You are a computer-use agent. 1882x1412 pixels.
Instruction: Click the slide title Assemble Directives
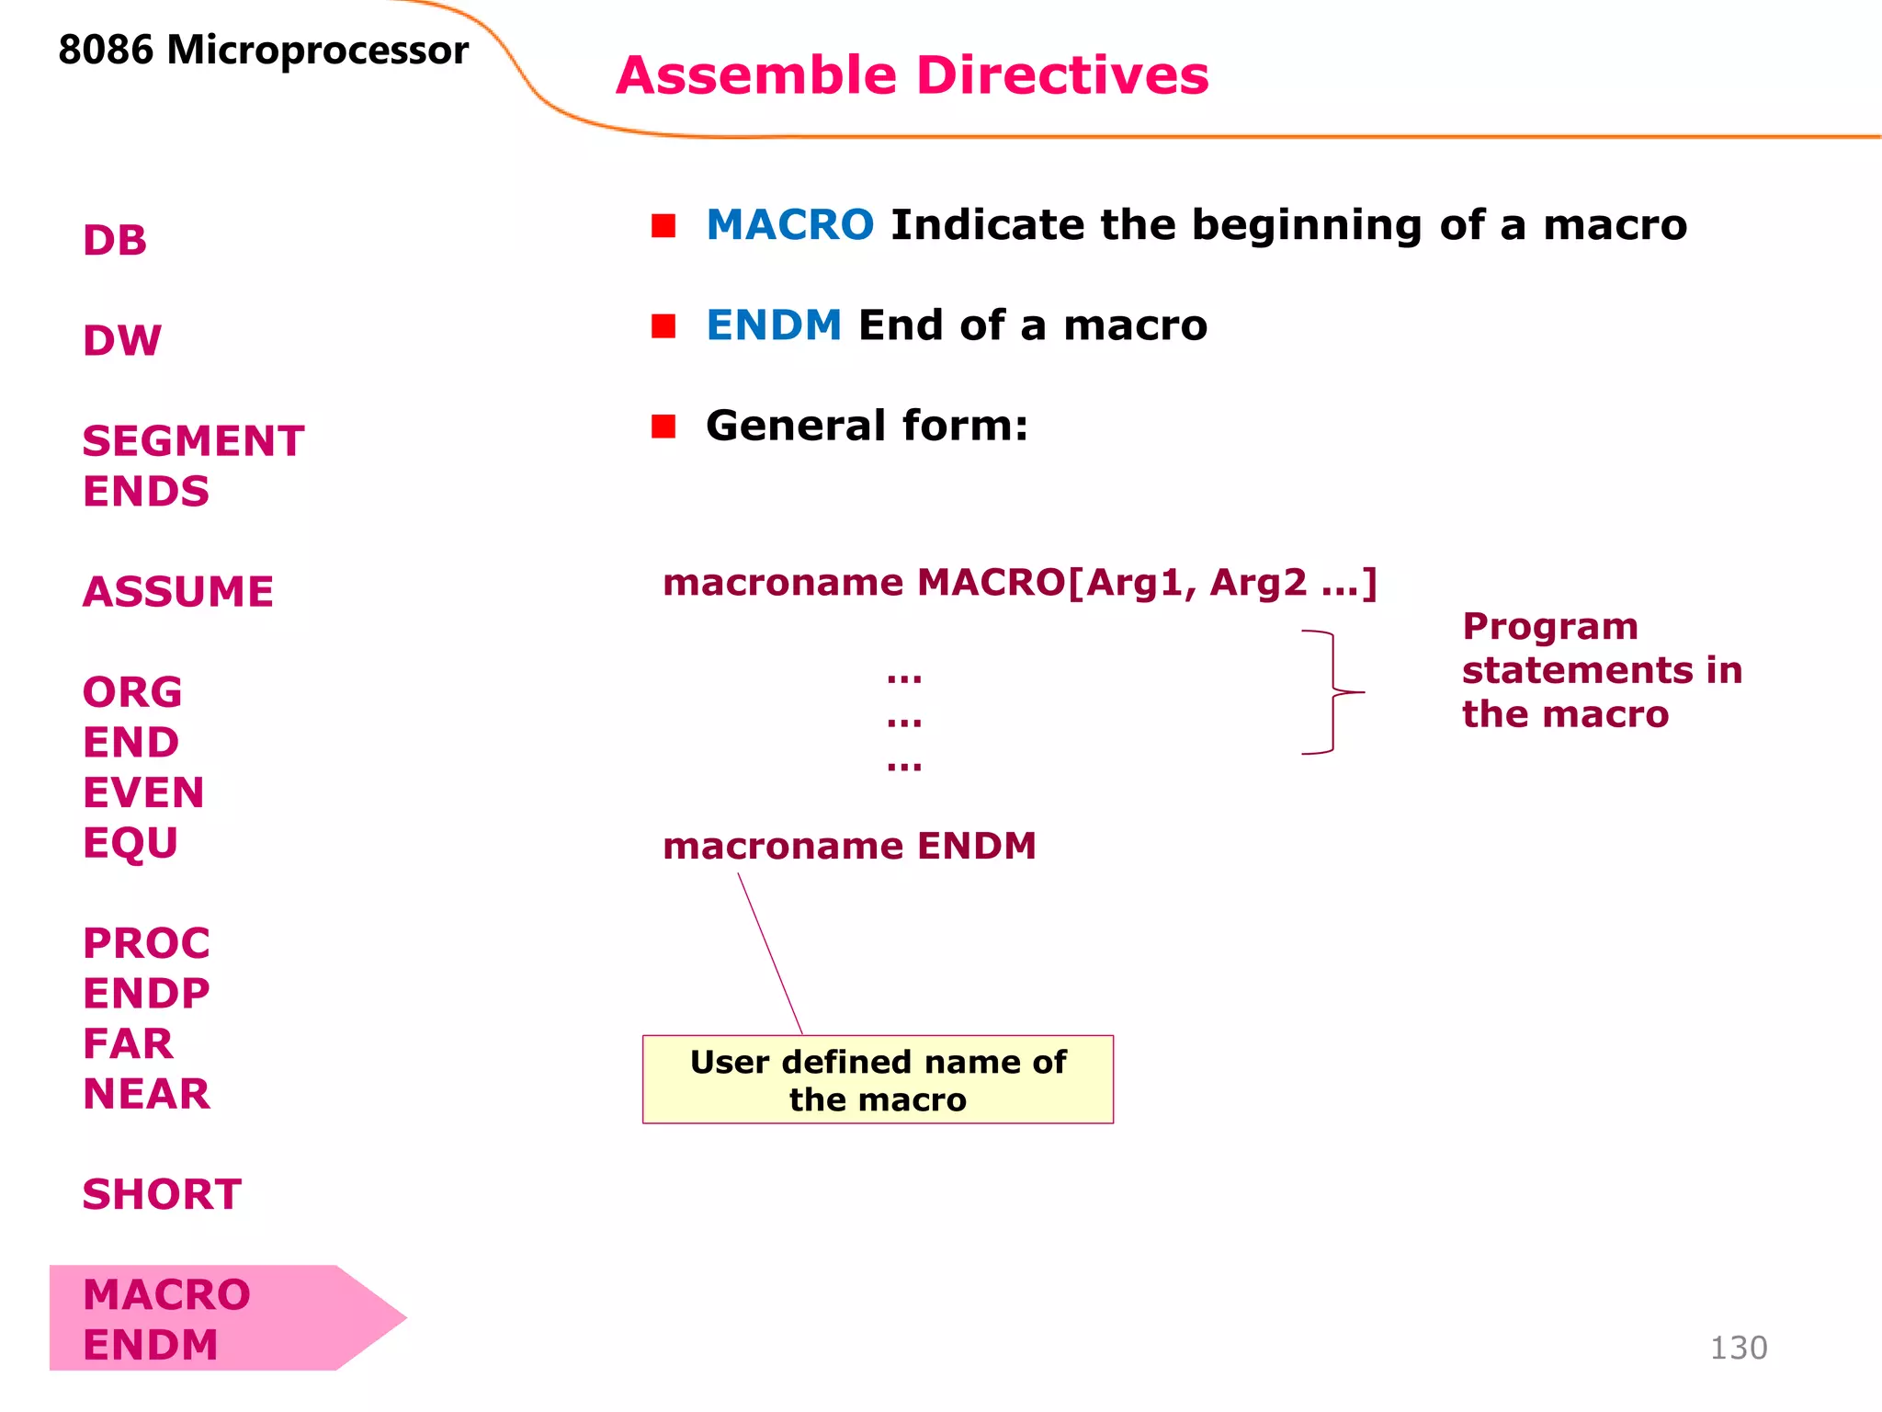tap(912, 75)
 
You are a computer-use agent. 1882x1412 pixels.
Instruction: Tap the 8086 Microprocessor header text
tap(263, 51)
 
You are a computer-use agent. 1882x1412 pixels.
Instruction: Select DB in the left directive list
tap(115, 241)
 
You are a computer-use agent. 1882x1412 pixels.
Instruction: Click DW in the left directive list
tap(122, 341)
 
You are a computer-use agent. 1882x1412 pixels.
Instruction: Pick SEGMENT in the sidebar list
tap(193, 441)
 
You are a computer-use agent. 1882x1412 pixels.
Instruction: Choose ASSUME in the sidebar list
tap(178, 592)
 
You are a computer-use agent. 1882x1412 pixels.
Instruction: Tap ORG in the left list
tap(132, 692)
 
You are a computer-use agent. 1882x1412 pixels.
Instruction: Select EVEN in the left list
tap(143, 792)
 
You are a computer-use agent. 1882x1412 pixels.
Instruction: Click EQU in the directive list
tap(130, 843)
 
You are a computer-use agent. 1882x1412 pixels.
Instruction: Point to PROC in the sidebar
tap(146, 943)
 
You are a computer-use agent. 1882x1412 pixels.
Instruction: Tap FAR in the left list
tap(128, 1043)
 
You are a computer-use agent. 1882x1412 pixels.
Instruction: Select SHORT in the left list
tap(162, 1194)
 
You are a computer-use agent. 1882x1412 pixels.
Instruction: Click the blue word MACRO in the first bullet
tap(789, 225)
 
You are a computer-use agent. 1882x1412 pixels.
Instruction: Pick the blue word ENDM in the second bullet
tap(774, 325)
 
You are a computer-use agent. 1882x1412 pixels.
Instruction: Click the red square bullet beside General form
tap(663, 427)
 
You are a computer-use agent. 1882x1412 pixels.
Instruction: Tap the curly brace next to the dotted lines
tap(1332, 692)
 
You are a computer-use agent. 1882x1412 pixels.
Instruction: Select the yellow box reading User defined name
tap(878, 1080)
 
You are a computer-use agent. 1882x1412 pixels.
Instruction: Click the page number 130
tap(1738, 1348)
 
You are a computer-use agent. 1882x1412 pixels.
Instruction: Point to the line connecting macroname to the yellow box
tap(770, 953)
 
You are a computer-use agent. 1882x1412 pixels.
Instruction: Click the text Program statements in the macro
tap(1601, 670)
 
